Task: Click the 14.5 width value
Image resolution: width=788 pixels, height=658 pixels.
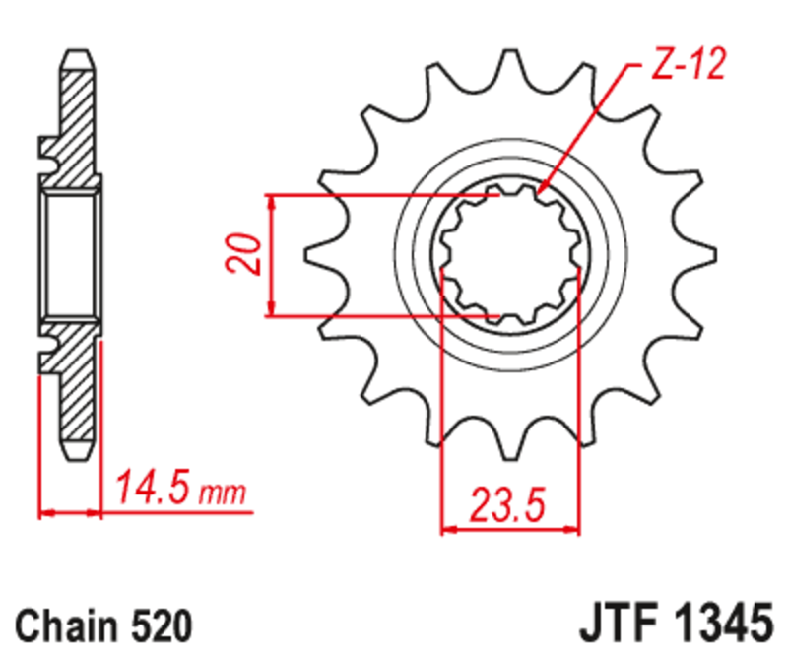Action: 155,488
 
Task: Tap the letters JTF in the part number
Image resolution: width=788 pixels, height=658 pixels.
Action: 615,625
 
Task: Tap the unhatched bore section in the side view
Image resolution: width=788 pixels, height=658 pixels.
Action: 69,254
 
